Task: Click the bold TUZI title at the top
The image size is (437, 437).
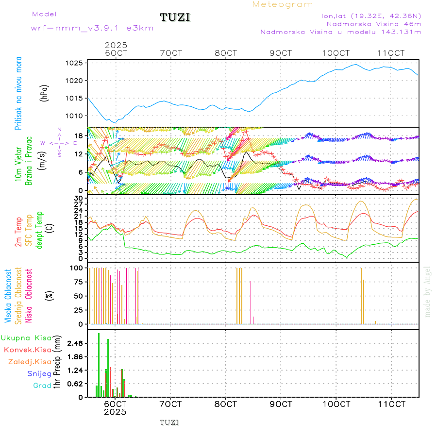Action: pos(175,18)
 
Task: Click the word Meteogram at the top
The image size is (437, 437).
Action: pos(283,4)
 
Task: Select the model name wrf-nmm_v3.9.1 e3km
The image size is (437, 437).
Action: pos(92,28)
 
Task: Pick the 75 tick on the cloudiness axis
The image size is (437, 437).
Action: pos(78,282)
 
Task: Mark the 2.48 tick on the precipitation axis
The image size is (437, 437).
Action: pos(74,343)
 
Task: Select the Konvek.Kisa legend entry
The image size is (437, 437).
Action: pos(27,350)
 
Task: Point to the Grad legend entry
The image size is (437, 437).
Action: pos(42,386)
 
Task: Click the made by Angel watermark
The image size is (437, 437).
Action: pos(428,291)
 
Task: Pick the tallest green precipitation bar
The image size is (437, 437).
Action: pos(99,365)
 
